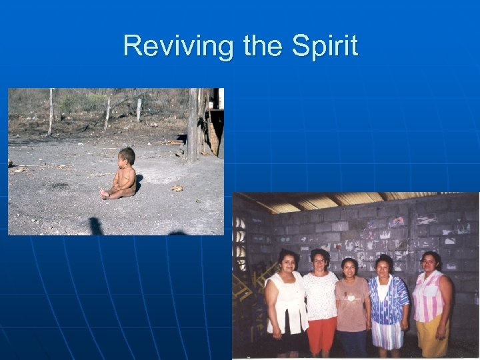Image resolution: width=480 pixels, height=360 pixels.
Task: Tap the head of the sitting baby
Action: [x=126, y=157]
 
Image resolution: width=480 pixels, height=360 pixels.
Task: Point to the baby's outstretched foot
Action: [x=105, y=193]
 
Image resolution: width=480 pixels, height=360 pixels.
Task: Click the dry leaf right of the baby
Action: [x=177, y=189]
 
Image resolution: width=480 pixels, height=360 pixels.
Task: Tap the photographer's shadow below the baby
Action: [x=96, y=226]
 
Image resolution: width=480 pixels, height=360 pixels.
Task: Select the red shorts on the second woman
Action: [x=321, y=333]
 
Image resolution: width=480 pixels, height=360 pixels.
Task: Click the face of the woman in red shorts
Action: [x=320, y=259]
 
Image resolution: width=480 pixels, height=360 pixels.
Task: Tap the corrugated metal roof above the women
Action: [x=347, y=201]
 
